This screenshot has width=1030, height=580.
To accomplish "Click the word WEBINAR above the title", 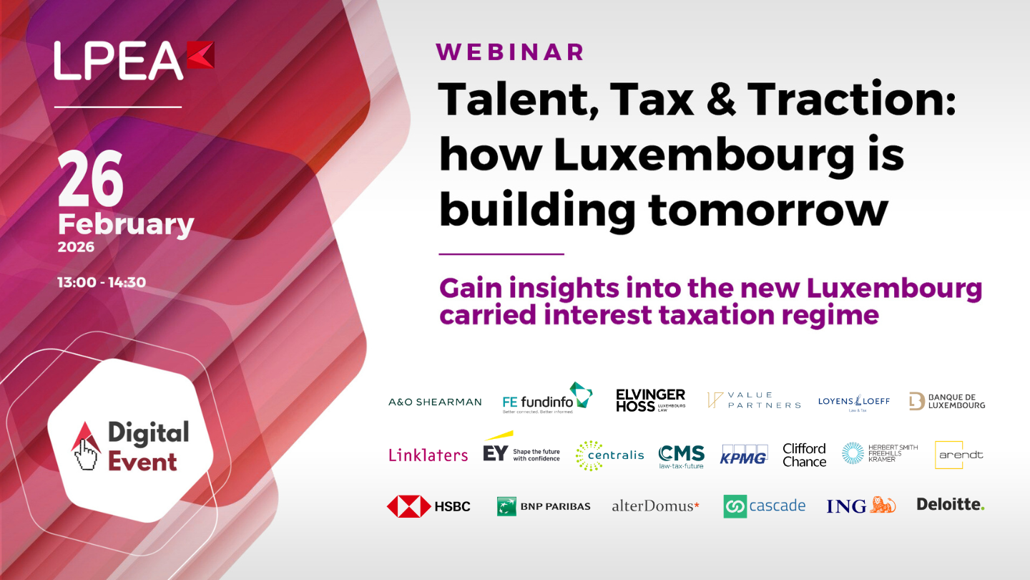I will (510, 52).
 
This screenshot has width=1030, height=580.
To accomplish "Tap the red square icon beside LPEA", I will (200, 56).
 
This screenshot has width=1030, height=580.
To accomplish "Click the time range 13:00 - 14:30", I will (102, 282).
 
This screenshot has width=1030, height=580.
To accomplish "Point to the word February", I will (126, 224).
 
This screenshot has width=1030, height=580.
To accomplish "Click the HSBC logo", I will (428, 506).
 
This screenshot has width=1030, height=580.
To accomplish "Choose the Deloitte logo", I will (951, 505).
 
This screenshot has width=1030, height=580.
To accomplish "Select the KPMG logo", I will (744, 455).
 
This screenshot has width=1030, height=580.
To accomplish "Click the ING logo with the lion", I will (860, 506).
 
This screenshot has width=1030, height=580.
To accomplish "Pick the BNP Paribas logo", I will (544, 506).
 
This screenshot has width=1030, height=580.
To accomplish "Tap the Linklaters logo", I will (428, 455).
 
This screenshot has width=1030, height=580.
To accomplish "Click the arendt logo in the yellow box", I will (959, 455).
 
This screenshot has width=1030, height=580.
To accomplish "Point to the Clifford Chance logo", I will (804, 455).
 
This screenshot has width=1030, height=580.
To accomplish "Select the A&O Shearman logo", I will (435, 402).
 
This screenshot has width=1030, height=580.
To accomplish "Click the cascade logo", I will (764, 506).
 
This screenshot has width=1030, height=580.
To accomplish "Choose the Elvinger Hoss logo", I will (650, 400).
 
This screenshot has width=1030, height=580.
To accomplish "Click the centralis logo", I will (609, 455).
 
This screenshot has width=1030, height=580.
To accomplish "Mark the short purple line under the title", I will (501, 253).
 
